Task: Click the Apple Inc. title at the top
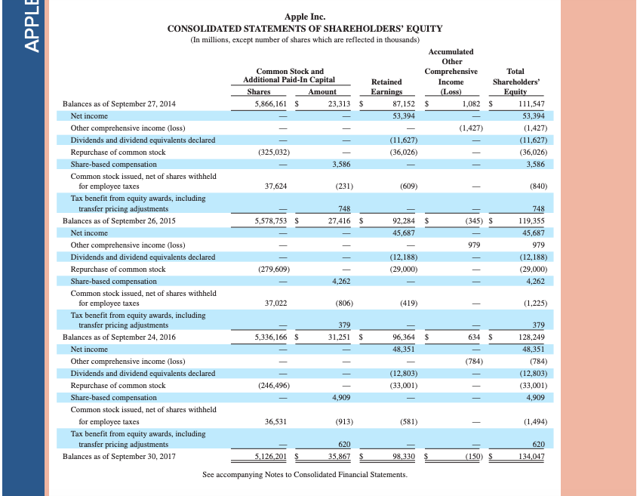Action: tap(304, 17)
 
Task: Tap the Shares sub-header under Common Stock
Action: tap(259, 91)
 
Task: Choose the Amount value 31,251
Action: tap(332, 337)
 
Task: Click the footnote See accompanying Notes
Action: tap(304, 475)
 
